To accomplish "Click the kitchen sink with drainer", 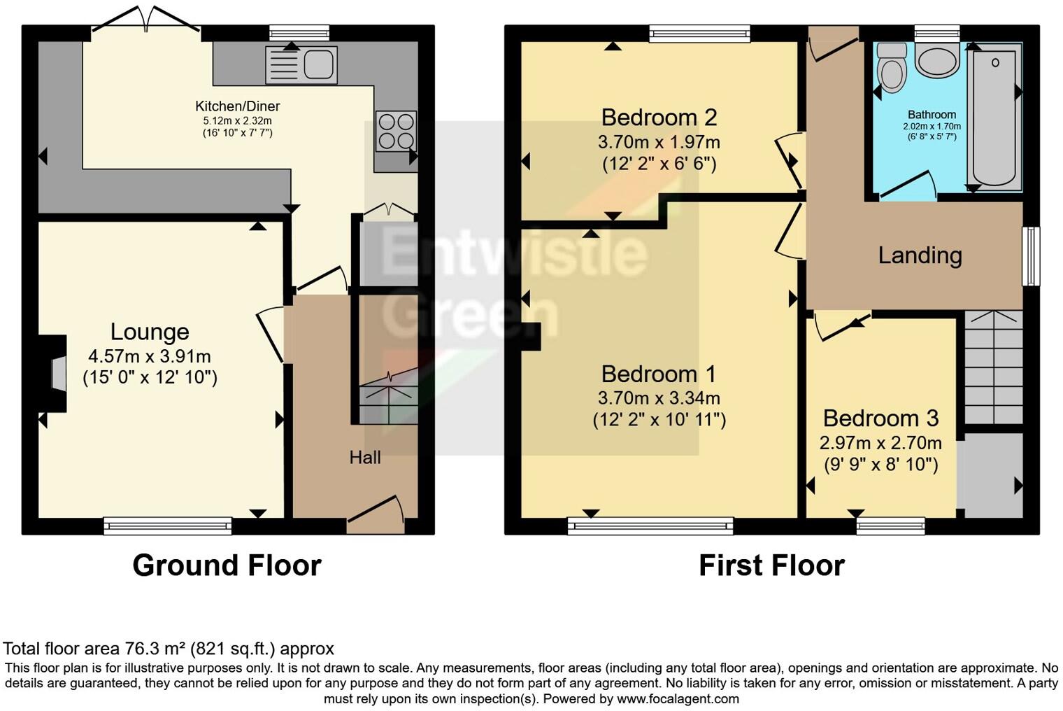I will tap(301, 64).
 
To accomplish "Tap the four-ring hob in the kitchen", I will tap(396, 131).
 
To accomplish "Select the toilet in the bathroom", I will tap(891, 68).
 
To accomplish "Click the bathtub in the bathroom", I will tap(994, 118).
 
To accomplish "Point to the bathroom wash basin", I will tap(937, 62).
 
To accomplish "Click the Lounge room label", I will tap(150, 332).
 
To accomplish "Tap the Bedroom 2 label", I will tap(659, 117).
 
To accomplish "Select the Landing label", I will tap(920, 255).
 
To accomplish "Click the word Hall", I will tap(365, 458).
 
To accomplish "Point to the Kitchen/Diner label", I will tap(237, 106).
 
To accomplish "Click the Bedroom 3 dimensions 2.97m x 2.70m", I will tap(880, 443).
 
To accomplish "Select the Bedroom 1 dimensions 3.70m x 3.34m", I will tap(659, 398).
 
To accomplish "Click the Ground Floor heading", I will tap(227, 565).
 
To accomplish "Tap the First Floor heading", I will tap(771, 565).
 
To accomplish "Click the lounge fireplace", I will tap(56, 372).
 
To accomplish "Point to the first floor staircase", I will tap(994, 368).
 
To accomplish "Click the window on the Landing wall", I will tap(1031, 256).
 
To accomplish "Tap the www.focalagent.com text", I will tap(678, 698).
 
